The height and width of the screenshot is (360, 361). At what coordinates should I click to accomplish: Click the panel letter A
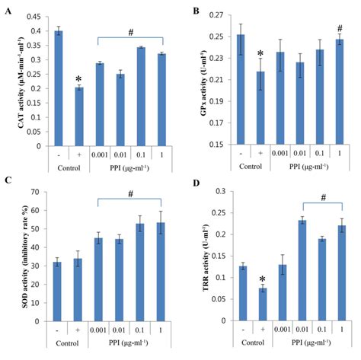click(x=8, y=11)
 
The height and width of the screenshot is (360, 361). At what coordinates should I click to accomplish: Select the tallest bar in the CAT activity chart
click(x=59, y=88)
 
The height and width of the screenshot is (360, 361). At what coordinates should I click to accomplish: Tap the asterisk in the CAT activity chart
click(x=79, y=79)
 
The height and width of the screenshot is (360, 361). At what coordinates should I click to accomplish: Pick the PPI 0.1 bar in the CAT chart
click(x=141, y=97)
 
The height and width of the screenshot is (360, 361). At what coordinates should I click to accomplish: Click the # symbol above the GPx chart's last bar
click(x=340, y=28)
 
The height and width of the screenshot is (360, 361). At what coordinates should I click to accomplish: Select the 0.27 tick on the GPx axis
click(x=216, y=15)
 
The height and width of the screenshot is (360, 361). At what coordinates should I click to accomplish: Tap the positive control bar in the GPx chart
click(x=260, y=108)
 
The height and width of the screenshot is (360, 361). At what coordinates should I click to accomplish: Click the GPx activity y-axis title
click(x=204, y=84)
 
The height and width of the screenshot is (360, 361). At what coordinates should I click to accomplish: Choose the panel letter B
click(x=196, y=11)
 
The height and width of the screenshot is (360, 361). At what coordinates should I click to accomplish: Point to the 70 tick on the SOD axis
click(x=37, y=192)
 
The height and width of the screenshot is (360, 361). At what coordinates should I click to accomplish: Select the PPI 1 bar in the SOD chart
click(x=161, y=272)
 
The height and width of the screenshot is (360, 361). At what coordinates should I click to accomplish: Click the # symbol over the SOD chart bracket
click(x=130, y=194)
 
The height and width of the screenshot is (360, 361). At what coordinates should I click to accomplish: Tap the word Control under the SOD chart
click(x=67, y=343)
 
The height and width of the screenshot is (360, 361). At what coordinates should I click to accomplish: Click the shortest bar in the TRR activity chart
click(x=263, y=304)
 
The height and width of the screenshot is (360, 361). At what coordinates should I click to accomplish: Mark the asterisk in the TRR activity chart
click(x=263, y=279)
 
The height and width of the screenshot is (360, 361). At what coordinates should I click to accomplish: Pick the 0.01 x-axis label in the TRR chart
click(x=302, y=330)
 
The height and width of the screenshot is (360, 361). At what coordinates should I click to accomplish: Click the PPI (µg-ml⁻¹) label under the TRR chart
click(x=311, y=342)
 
